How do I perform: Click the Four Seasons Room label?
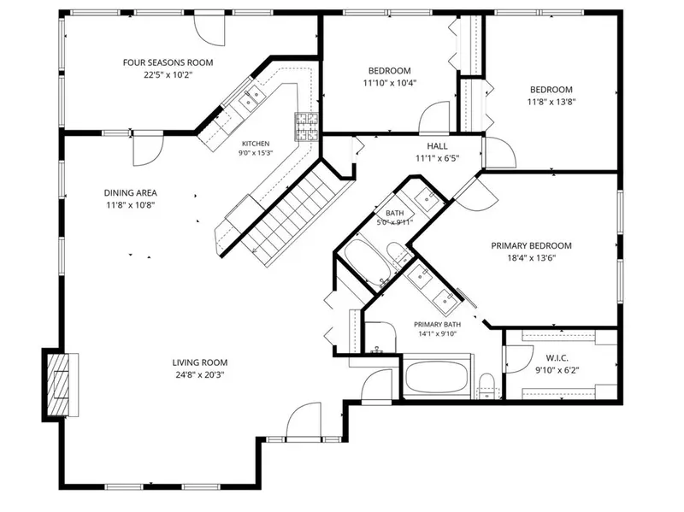tap(168, 62)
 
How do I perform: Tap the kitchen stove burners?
tap(306, 127)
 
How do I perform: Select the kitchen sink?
tap(251, 98)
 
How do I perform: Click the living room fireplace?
tap(61, 385)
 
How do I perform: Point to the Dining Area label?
tap(131, 193)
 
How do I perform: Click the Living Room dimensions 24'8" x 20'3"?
tap(200, 374)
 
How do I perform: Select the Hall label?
tap(437, 146)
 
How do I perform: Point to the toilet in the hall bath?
tap(398, 253)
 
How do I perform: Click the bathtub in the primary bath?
tap(436, 376)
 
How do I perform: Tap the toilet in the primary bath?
tap(486, 386)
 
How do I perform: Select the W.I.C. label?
tap(557, 358)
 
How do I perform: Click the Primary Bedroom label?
tap(531, 245)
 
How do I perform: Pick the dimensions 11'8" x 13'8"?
tap(551, 102)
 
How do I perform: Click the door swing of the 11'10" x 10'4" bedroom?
tap(434, 117)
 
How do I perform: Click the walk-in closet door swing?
tap(519, 359)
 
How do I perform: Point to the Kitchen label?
tap(256, 144)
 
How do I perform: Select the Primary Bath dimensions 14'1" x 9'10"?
tap(437, 334)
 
